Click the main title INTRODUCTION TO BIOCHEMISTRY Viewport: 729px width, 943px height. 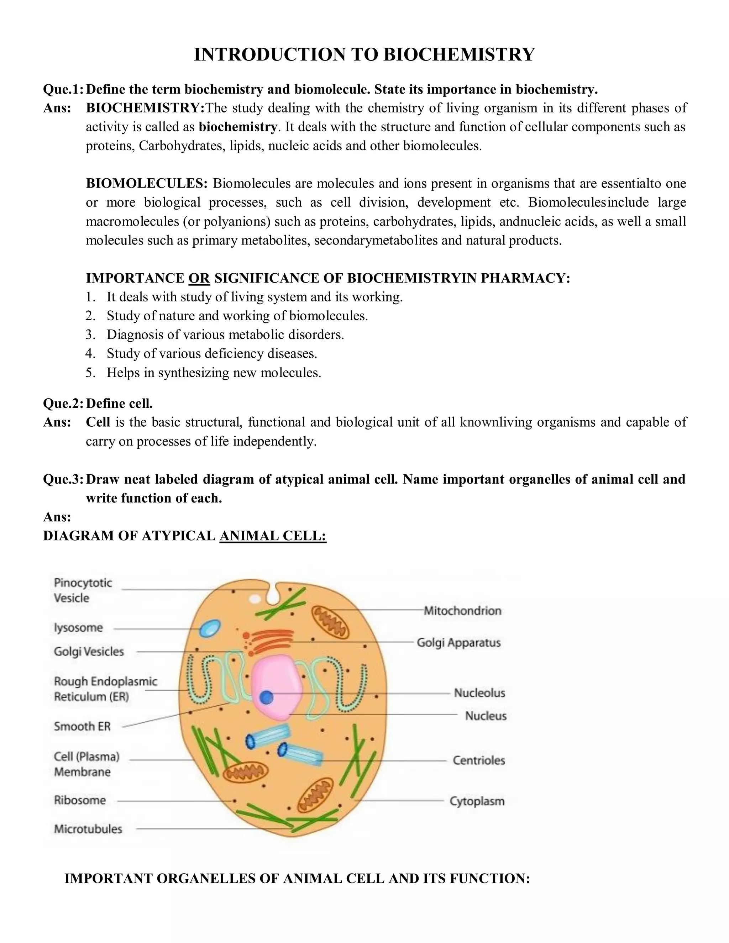[x=364, y=55]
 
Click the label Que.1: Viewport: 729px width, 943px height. [x=63, y=89]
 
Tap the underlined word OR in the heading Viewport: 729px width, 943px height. [x=199, y=278]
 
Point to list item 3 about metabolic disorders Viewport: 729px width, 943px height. [x=225, y=334]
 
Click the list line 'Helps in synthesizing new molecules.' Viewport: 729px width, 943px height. [x=214, y=373]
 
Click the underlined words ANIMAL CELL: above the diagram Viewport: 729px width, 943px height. [x=273, y=536]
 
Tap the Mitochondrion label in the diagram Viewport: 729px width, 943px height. [x=462, y=611]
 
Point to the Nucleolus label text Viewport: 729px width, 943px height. [x=479, y=693]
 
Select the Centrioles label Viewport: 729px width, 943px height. [x=478, y=760]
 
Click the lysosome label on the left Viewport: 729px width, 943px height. [x=78, y=627]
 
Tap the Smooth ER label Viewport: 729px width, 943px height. [x=82, y=726]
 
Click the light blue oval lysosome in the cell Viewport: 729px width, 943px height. [x=210, y=627]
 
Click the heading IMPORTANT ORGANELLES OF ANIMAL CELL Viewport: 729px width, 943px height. [x=297, y=879]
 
